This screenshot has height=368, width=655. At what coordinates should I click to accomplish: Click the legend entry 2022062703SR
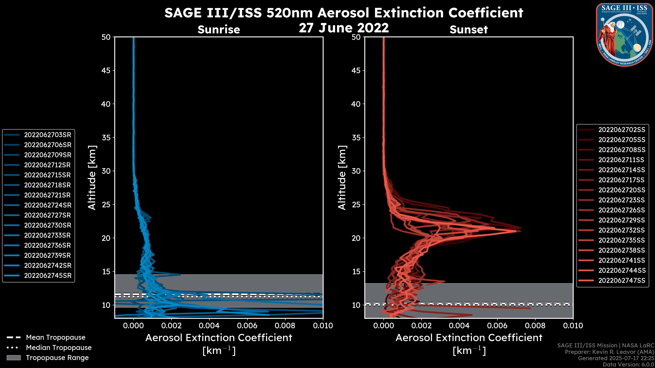coord(48,135)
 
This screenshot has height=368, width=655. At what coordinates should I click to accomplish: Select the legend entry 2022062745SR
coord(48,275)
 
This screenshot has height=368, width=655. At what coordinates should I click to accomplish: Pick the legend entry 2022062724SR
coord(48,205)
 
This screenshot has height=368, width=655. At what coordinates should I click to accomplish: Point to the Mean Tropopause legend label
coord(56,338)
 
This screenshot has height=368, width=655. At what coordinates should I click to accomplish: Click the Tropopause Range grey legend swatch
coord(13,358)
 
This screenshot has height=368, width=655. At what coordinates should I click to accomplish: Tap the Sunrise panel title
coord(219,30)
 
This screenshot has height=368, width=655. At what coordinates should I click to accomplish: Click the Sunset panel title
coord(469,30)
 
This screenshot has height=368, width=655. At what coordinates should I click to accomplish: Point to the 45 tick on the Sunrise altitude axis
coord(106,71)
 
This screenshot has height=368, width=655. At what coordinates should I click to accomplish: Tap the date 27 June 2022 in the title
coord(344,28)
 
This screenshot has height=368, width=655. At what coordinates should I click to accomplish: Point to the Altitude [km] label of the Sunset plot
coord(342,178)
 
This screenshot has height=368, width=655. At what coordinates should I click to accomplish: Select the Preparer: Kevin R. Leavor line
coord(609,352)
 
